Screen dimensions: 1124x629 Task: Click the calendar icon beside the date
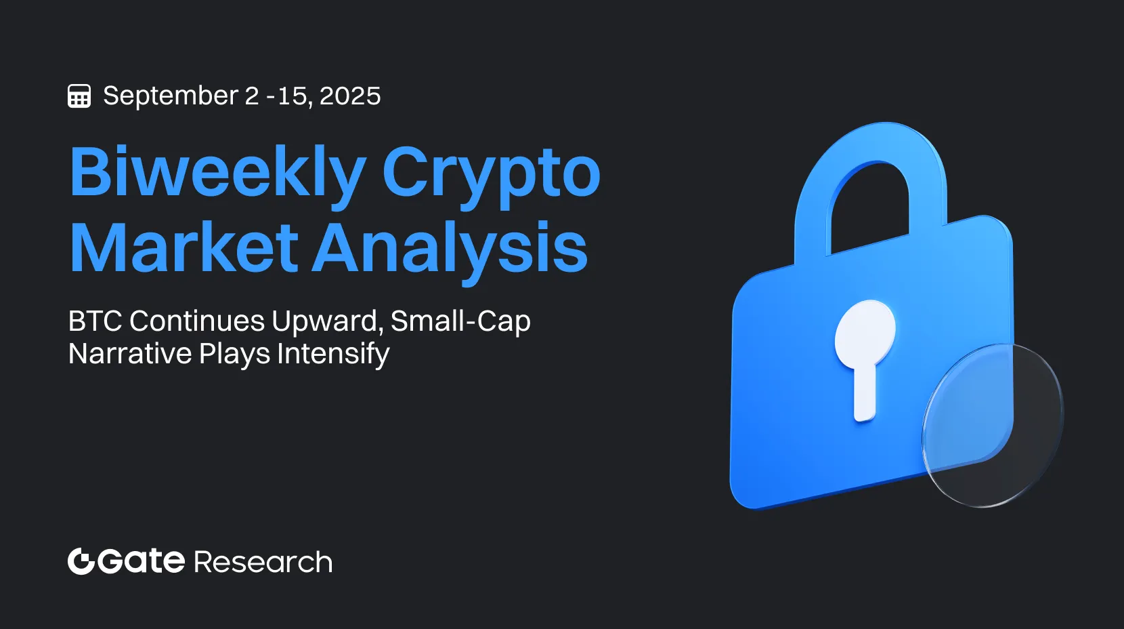coord(79,96)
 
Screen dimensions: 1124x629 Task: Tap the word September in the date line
coord(171,96)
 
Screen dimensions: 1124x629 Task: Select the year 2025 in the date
coord(350,96)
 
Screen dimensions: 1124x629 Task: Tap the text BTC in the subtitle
coord(95,321)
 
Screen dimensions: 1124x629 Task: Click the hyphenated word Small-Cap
coord(460,322)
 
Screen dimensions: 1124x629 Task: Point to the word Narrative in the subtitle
coord(130,353)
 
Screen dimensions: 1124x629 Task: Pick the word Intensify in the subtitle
coord(333,354)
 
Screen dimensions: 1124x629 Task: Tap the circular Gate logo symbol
coord(81,561)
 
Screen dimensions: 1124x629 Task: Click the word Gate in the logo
coord(141,561)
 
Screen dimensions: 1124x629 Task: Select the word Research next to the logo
coord(263,562)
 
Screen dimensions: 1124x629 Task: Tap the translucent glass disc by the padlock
coord(993,425)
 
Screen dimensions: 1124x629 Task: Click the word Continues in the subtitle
coord(196,321)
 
